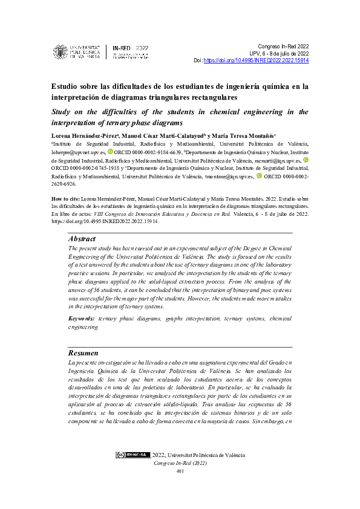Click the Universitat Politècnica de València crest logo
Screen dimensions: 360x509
click(60, 52)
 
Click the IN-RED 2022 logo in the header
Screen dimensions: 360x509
click(131, 51)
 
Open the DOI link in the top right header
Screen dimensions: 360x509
click(257, 61)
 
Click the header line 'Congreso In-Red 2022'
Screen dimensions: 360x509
click(283, 46)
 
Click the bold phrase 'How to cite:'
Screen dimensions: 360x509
click(66, 198)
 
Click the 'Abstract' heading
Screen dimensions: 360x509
click(82, 239)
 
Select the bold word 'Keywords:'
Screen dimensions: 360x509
click(82, 318)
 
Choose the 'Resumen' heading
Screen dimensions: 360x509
click(83, 352)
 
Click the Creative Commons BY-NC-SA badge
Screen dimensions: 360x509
click(133, 455)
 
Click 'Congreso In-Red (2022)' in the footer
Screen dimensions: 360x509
click(180, 463)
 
